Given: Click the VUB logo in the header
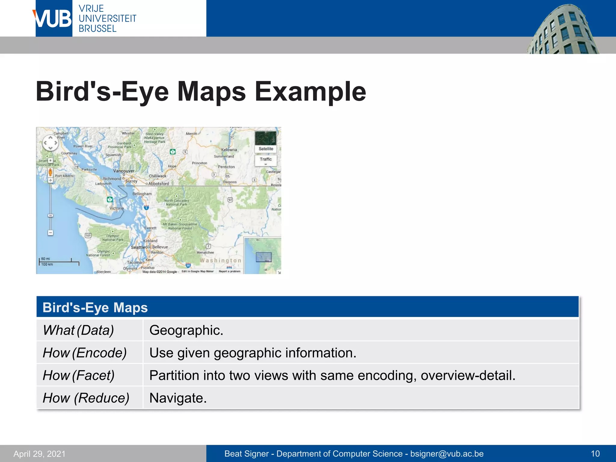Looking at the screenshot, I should pyautogui.click(x=54, y=19).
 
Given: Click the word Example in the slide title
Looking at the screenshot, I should pyautogui.click(x=310, y=91).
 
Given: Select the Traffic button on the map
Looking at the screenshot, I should pyautogui.click(x=266, y=159).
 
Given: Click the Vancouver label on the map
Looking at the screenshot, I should pyautogui.click(x=124, y=171).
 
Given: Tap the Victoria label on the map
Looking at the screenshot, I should pyautogui.click(x=116, y=208).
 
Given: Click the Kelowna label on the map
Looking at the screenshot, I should pyautogui.click(x=229, y=149).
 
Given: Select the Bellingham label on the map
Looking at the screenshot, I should pyautogui.click(x=142, y=194).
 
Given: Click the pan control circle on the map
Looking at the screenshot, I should pyautogui.click(x=50, y=143).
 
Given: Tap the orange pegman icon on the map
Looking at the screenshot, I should pyautogui.click(x=50, y=172).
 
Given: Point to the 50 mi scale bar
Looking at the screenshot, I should pyautogui.click(x=59, y=262).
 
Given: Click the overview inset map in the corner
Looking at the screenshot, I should pyautogui.click(x=263, y=255).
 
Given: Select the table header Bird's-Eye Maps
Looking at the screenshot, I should pyautogui.click(x=95, y=307).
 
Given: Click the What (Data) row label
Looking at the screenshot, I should pyautogui.click(x=78, y=330).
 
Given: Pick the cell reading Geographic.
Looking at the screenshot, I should pyautogui.click(x=186, y=330).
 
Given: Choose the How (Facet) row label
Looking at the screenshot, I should pyautogui.click(x=79, y=375).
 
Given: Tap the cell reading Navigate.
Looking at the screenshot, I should pyautogui.click(x=178, y=398).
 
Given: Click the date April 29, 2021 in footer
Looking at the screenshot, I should pyautogui.click(x=39, y=454).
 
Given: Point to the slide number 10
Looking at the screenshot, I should pyautogui.click(x=595, y=454).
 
